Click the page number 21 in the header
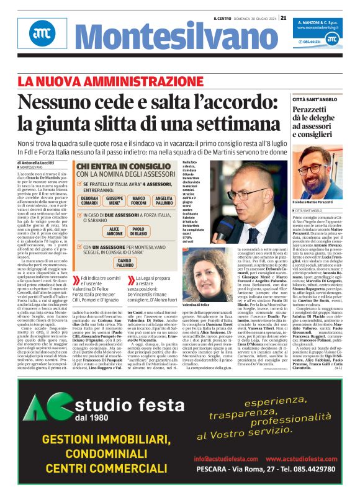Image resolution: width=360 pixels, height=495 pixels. point(284,17)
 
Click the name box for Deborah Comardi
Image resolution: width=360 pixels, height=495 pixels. point(89,201)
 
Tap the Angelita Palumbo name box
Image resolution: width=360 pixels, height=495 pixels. point(164,201)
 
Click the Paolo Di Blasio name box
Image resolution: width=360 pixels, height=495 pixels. point(142,231)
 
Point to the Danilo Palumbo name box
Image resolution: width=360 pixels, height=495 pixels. point(127,263)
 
